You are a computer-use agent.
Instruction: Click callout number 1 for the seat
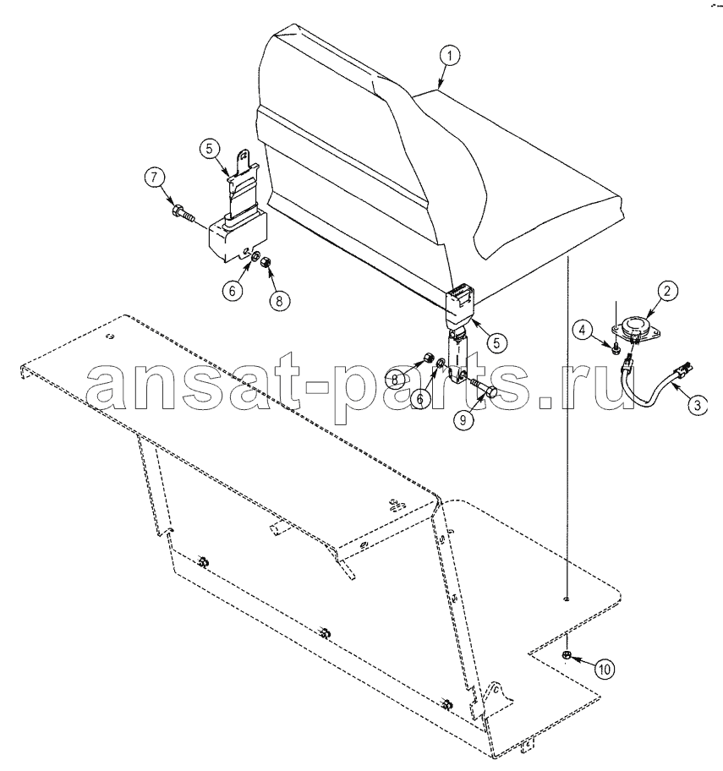[450, 56]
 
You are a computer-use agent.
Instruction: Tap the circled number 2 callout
[667, 291]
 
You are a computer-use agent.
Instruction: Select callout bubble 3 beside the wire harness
[697, 405]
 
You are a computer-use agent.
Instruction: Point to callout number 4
[583, 330]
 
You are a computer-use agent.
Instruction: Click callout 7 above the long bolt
[156, 178]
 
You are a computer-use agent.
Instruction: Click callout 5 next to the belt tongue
[210, 148]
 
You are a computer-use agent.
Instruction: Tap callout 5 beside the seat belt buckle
[496, 342]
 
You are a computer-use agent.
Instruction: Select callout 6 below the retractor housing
[233, 291]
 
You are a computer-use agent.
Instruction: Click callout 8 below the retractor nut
[279, 300]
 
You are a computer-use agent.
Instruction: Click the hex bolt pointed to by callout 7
[183, 213]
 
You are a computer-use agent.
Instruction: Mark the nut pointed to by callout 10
[566, 654]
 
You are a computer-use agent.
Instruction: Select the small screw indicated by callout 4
[615, 349]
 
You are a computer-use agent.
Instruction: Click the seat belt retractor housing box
[237, 235]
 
